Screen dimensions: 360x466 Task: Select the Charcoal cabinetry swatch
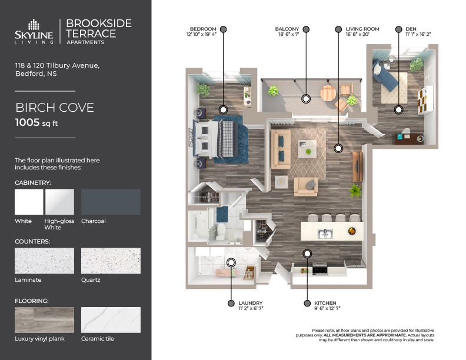[111, 202]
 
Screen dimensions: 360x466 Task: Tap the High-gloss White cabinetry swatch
[59, 202]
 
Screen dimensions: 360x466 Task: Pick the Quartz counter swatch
[111, 260]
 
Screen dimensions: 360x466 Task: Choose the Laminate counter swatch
[44, 260]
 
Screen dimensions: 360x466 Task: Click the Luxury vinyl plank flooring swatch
[44, 319]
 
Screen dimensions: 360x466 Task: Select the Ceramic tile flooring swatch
[111, 319]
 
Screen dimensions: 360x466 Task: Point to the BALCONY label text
[288, 29]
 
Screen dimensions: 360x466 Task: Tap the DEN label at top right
[411, 29]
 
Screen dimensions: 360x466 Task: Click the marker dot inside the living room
[338, 149]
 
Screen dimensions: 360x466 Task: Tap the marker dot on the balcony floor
[306, 98]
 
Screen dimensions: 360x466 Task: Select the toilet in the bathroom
[215, 234]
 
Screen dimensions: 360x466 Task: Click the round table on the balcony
[328, 93]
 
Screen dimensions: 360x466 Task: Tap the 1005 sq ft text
[36, 122]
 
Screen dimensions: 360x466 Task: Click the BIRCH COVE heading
[55, 108]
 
